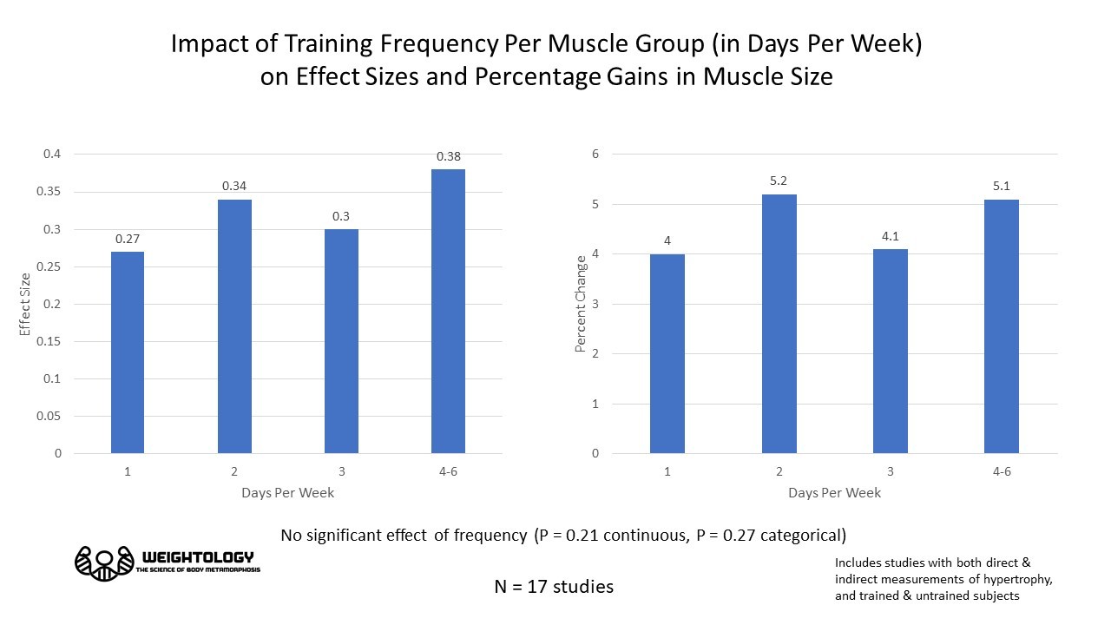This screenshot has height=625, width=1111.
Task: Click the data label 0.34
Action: pos(234,186)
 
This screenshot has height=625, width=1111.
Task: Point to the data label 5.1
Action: pos(1001,185)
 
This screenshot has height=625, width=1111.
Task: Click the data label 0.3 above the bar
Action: pos(341,216)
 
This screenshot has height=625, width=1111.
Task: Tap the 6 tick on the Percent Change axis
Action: pos(595,155)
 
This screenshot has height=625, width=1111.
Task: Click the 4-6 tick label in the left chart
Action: pos(448,471)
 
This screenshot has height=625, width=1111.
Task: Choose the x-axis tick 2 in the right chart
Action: pos(779,471)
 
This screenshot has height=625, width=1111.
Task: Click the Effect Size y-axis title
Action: pos(25,304)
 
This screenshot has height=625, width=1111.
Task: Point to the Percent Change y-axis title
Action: pos(580,304)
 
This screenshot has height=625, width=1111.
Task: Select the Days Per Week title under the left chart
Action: pos(287,493)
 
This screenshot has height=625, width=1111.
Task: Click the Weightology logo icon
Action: pos(104,563)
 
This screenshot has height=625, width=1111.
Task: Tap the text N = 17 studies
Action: pos(554,587)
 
